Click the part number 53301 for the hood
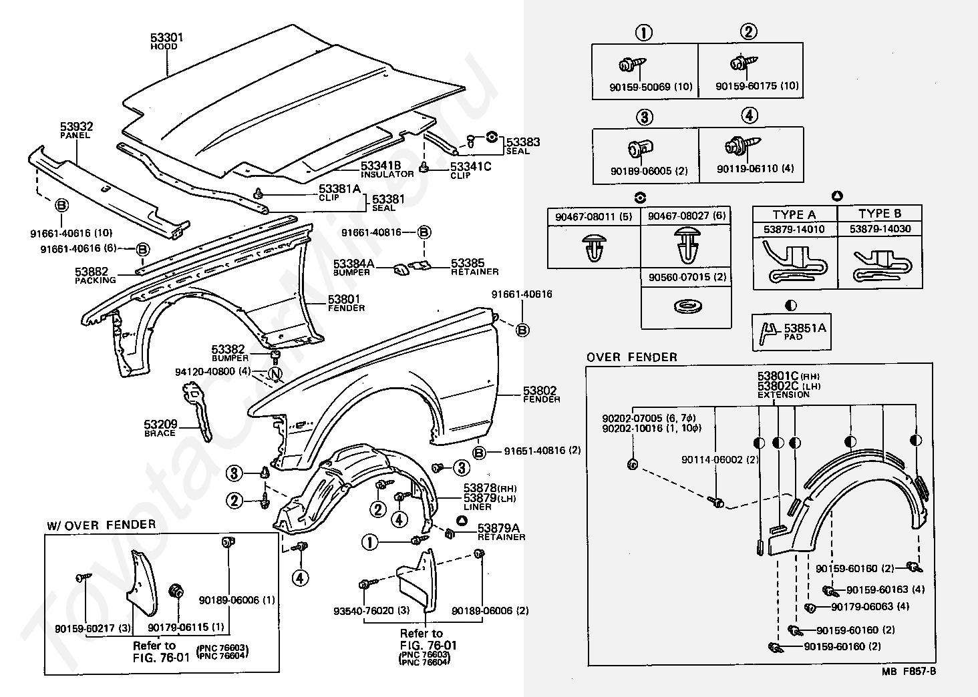166,38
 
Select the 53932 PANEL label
76,130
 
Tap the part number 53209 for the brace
160,427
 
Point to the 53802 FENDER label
540,394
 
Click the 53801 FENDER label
345,302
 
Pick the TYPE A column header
794,214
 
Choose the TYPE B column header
880,214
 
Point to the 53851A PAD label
804,331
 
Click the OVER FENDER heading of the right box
631,357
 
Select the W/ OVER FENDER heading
101,525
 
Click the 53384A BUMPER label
354,267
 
